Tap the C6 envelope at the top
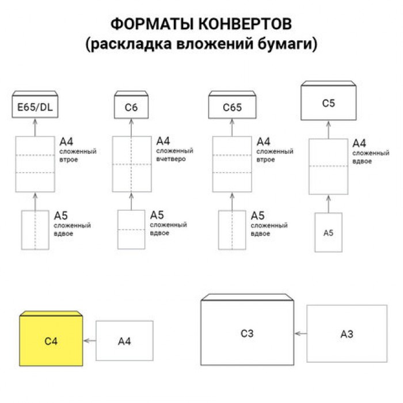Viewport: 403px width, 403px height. (x=131, y=107)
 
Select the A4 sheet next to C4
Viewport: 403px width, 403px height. (x=124, y=341)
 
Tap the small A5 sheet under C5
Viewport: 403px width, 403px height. (x=328, y=232)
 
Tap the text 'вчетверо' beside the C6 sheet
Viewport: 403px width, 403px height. (x=171, y=158)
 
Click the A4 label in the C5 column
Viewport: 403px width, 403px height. (x=359, y=143)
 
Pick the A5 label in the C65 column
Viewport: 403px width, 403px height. (x=257, y=216)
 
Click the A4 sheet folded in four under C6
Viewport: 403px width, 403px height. (x=131, y=164)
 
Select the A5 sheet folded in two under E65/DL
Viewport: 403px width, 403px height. (x=35, y=230)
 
